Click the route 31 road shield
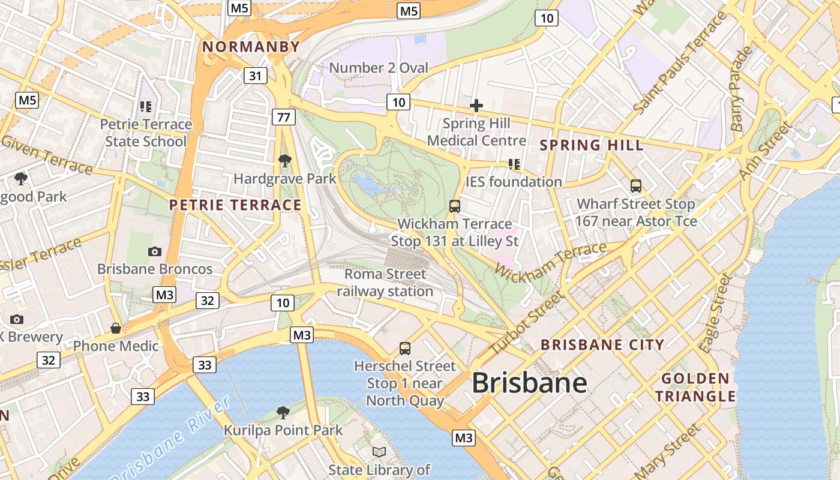pos(256,76)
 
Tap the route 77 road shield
pos(284,116)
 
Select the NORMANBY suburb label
pos(251,47)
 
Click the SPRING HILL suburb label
pos(592,145)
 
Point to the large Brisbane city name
pos(529,383)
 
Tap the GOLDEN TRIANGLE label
pos(695,388)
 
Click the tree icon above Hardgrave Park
pos(285,160)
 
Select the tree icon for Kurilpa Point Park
pos(283,412)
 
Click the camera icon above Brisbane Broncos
pos(155,251)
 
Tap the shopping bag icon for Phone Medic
pos(116,328)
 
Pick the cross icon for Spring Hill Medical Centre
pos(476,106)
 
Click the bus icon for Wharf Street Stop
pos(636,186)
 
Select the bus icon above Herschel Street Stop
pos(405,348)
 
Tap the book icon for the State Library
pos(379,452)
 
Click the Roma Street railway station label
pos(385,283)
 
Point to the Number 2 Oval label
pos(379,68)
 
